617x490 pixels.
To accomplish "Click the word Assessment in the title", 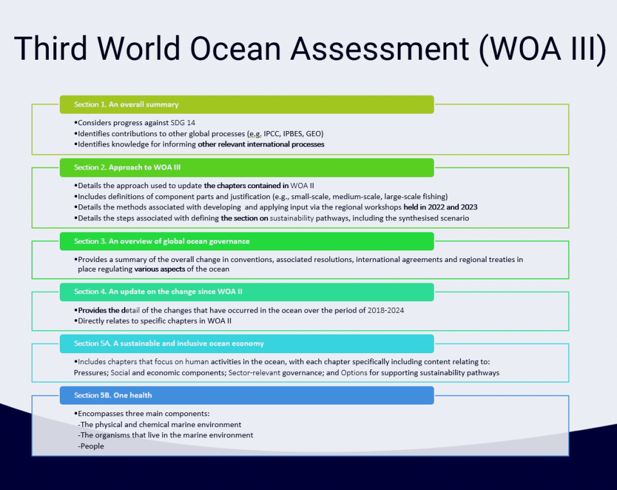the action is [x=380, y=49].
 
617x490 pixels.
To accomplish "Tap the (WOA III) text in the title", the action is [x=542, y=49].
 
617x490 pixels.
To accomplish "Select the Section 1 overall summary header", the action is [x=247, y=105].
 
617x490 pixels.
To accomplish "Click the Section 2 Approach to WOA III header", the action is [x=247, y=168].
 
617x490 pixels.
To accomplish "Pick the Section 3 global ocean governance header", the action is [x=247, y=241].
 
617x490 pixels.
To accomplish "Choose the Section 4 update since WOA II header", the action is [x=247, y=292].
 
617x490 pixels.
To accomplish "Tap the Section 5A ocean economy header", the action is [x=247, y=344].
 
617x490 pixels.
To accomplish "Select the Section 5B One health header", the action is [x=247, y=395].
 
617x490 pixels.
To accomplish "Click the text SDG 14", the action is [x=183, y=123].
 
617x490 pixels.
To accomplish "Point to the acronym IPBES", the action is [x=293, y=134].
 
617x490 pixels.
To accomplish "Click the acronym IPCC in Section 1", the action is [x=271, y=134].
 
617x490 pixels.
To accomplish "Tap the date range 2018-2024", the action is [x=386, y=310].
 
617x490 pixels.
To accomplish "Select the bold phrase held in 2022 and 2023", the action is [x=440, y=207].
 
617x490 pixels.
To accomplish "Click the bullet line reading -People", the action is [x=91, y=446].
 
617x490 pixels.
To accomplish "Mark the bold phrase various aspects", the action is [x=160, y=269].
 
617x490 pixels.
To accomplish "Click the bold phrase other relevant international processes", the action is [x=261, y=144].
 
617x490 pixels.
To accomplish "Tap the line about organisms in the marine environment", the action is [x=166, y=435].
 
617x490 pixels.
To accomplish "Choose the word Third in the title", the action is [x=51, y=49].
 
